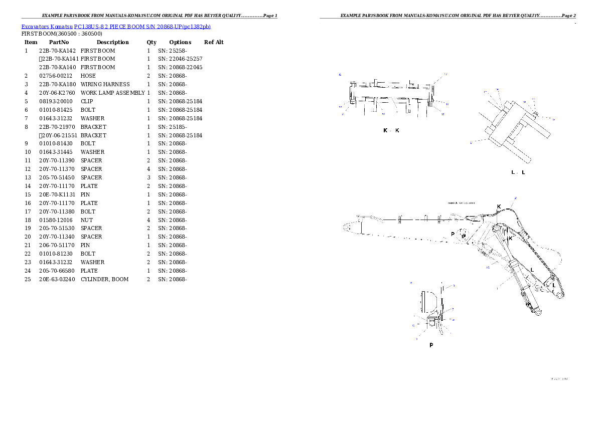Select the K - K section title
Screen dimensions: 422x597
[x=391, y=130]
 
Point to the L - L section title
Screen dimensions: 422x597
[x=518, y=172]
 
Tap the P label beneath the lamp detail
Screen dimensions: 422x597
[x=431, y=345]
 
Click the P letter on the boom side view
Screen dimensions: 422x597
[x=453, y=234]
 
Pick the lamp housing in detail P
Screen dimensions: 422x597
[x=428, y=303]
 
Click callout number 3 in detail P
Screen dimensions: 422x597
[x=454, y=286]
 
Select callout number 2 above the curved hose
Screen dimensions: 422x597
[x=516, y=198]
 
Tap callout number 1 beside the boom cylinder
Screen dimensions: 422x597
[x=496, y=288]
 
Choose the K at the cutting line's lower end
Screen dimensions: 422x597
[x=510, y=239]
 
